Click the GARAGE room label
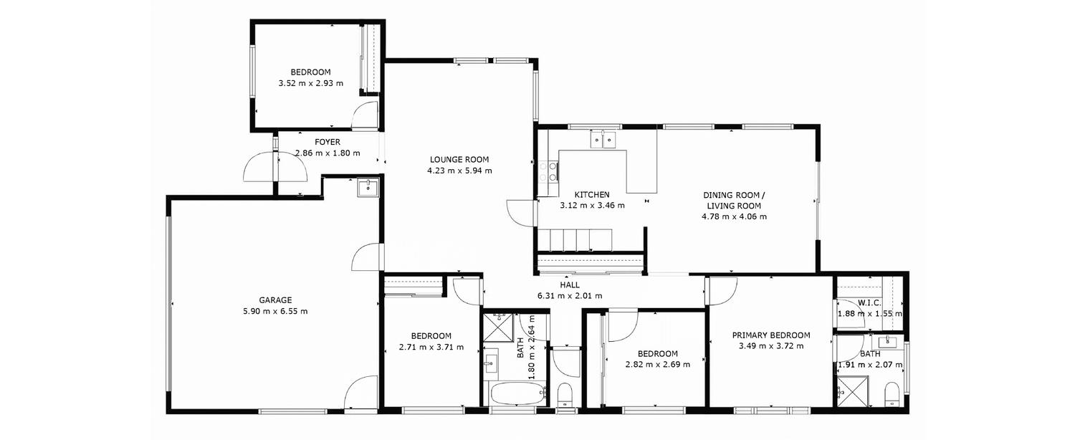click(275, 300)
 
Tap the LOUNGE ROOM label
click(459, 160)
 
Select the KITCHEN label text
click(592, 195)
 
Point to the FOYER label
click(328, 142)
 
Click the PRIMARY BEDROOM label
click(770, 335)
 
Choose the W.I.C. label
click(869, 303)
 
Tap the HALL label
click(570, 285)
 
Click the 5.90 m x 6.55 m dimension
click(275, 312)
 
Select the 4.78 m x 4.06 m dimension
click(735, 217)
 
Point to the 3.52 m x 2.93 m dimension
click(310, 84)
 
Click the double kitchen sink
click(603, 140)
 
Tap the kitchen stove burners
click(548, 172)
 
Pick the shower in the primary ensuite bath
click(853, 391)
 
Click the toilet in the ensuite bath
click(892, 394)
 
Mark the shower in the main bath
click(499, 327)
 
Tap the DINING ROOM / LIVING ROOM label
click(735, 201)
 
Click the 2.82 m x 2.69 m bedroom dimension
click(657, 365)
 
